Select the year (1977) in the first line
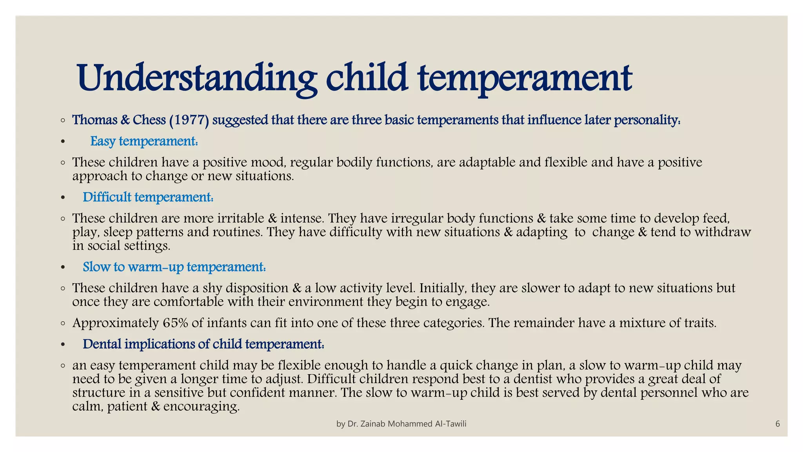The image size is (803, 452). coord(189,120)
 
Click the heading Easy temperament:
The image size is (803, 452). coord(144,141)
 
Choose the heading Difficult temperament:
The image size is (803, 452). coord(148,197)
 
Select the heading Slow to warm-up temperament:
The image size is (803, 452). coord(174,267)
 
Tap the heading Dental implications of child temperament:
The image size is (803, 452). coord(203,344)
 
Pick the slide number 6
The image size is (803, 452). coord(778,424)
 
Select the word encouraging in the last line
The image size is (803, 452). coord(201,406)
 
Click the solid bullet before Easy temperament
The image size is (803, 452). coord(63,142)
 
